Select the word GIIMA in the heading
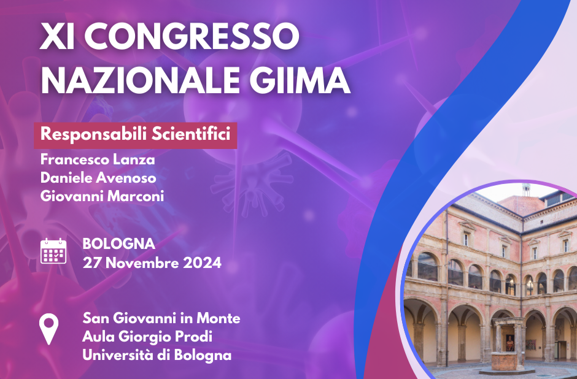300,80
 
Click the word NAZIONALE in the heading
140,80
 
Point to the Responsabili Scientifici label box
136,136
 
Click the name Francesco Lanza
98,159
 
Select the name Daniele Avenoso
98,178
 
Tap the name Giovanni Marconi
102,196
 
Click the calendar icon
53,251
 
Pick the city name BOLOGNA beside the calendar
119,243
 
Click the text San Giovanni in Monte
161,318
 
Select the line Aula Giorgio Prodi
147,337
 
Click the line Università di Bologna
157,355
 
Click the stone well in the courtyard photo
508,343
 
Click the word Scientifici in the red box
191,134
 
